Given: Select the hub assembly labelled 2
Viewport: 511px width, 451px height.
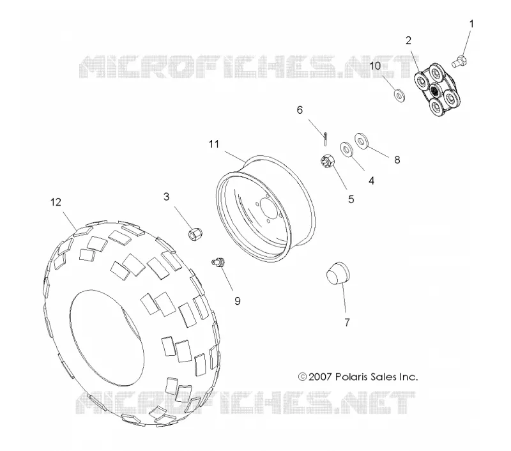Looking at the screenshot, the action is coord(438,89).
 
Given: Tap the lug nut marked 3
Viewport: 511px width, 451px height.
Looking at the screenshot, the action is coord(195,234).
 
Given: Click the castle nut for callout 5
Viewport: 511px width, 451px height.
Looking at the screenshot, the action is coord(327,161).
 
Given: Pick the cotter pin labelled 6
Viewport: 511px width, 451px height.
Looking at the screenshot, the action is coord(325,139).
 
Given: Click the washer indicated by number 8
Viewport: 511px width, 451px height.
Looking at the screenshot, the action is coord(361,141).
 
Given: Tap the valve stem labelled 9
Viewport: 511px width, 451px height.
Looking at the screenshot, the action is coord(218,262).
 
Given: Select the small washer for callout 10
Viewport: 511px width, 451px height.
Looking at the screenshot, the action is coord(400,95).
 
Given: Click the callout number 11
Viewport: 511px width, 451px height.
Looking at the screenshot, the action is coord(214,144).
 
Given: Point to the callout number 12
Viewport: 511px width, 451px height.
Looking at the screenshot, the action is coord(56,203).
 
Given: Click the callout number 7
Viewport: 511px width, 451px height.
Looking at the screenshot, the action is coord(347,323).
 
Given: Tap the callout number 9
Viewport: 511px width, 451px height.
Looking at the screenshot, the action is coord(238,301).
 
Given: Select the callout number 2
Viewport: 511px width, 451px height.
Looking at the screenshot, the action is coord(408,40).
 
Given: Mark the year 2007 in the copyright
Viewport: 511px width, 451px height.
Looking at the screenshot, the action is coord(321,377).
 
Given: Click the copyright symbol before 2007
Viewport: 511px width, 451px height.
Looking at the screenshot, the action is coord(302,377).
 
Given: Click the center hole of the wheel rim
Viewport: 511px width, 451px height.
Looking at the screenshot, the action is coord(270,208).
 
